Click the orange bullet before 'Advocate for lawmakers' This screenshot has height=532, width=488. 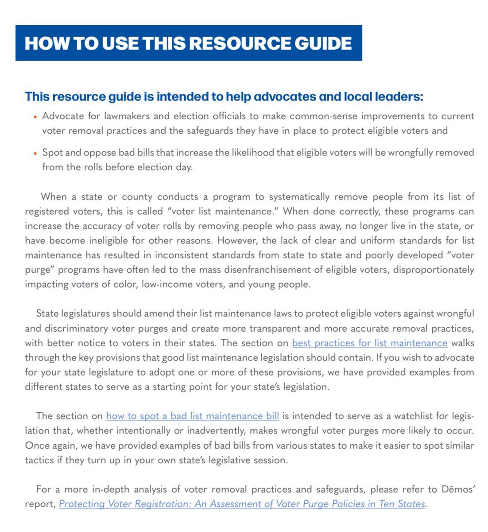tap(35, 117)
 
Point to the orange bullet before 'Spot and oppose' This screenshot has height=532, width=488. tap(35, 154)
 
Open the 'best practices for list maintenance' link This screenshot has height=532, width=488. tap(369, 343)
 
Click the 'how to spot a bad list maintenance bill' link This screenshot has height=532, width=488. tap(193, 416)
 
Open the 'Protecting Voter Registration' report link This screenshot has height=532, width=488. tap(242, 504)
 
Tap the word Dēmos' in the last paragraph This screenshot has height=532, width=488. tap(458, 489)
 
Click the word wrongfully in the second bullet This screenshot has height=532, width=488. tap(406, 153)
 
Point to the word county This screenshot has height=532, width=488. tap(137, 197)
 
